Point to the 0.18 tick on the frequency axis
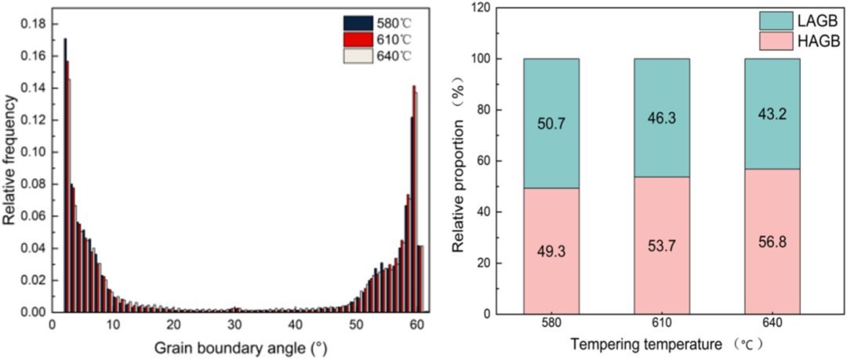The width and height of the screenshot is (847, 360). click(x=33, y=24)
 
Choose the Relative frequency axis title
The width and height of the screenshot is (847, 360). click(x=9, y=161)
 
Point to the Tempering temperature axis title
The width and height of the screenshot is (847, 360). click(x=667, y=344)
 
